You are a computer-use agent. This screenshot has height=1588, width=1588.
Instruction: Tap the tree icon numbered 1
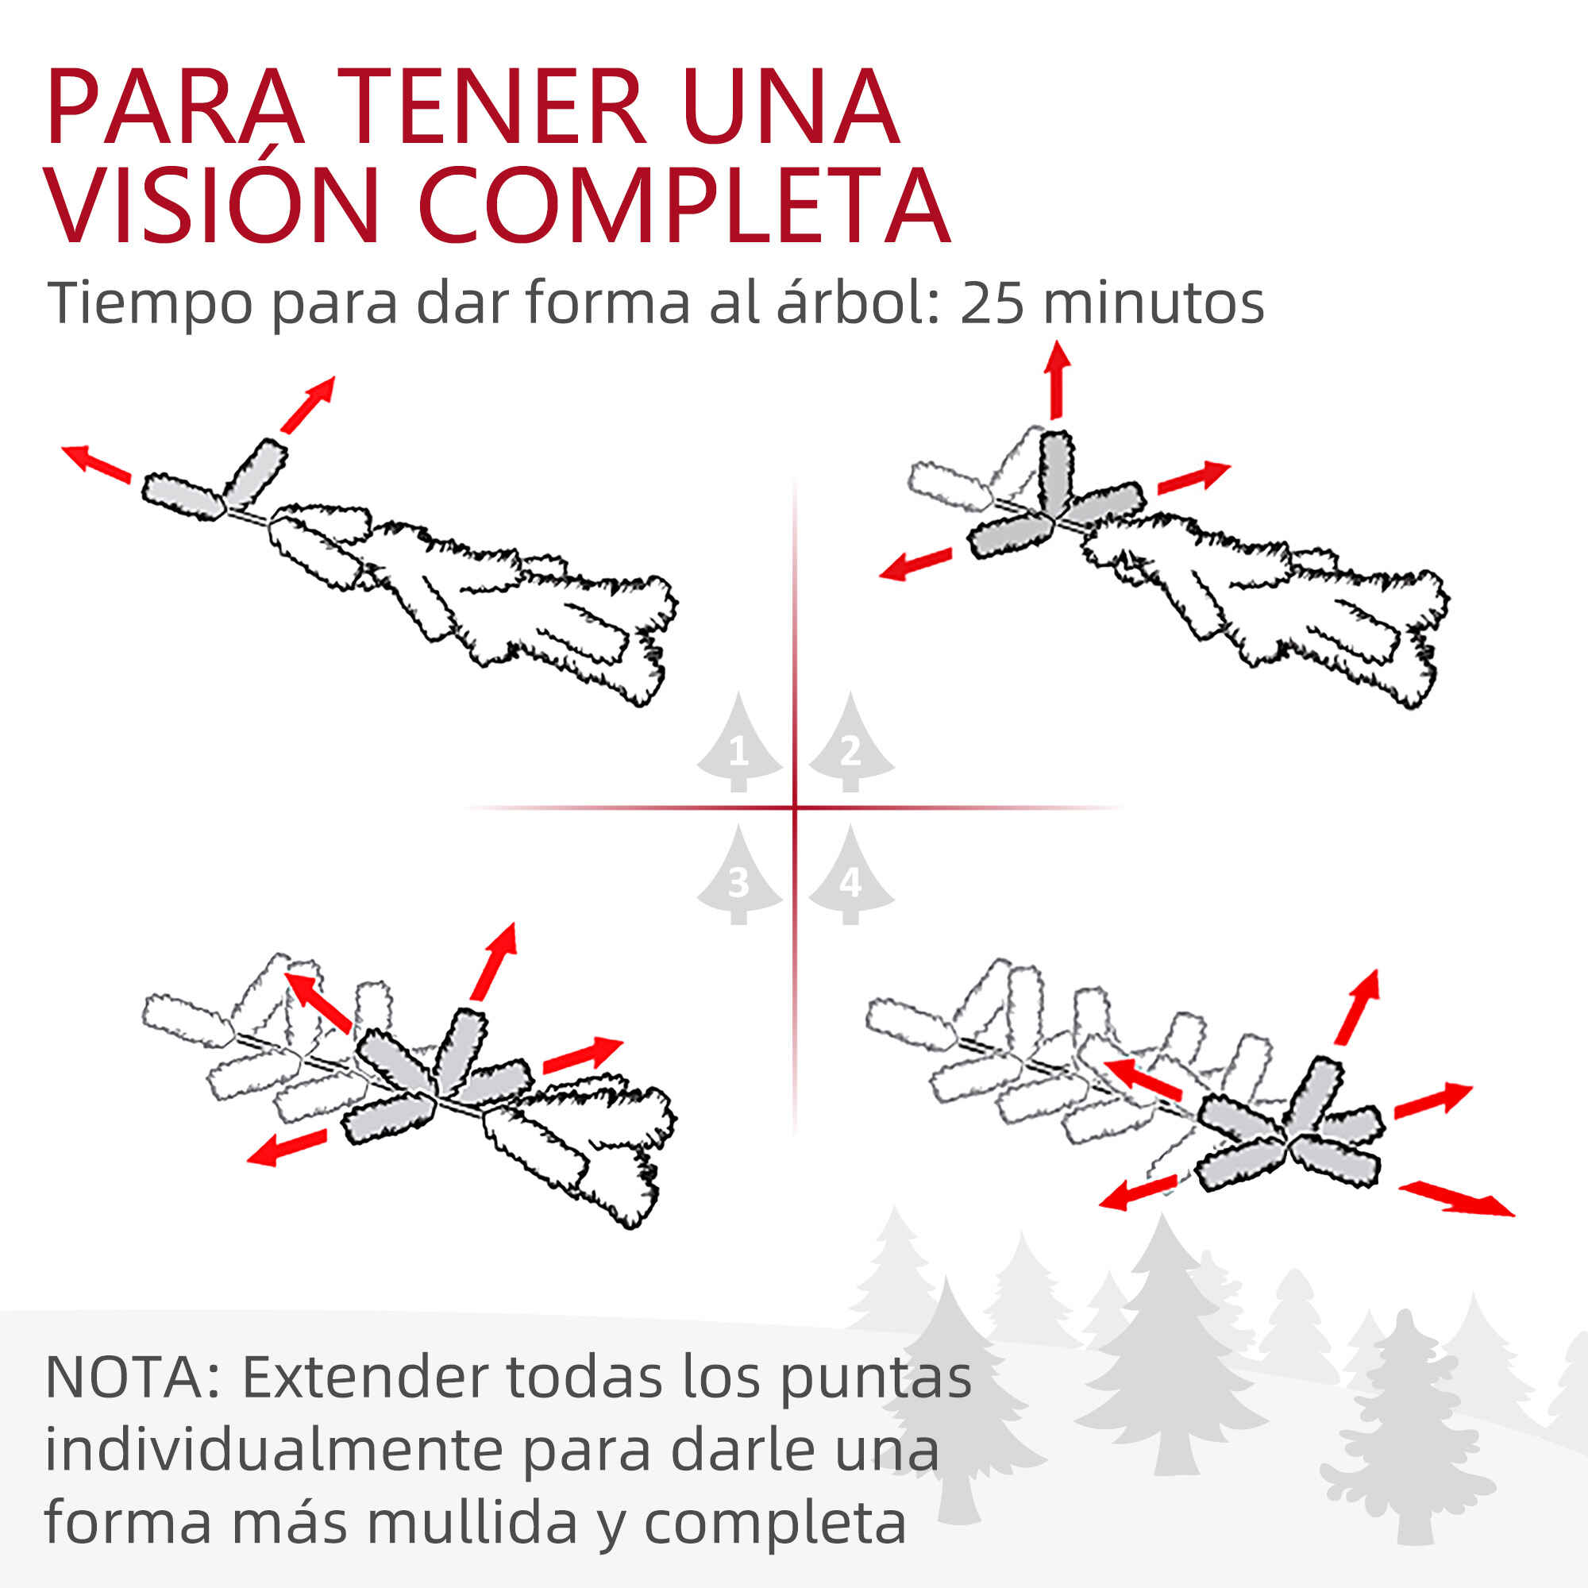click(x=738, y=742)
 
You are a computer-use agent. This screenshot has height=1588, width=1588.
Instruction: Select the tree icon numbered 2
click(x=850, y=742)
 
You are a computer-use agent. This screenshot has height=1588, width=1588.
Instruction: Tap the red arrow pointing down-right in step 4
click(x=1455, y=1198)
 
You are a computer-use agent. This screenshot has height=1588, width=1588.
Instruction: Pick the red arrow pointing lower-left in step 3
click(x=287, y=1147)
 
